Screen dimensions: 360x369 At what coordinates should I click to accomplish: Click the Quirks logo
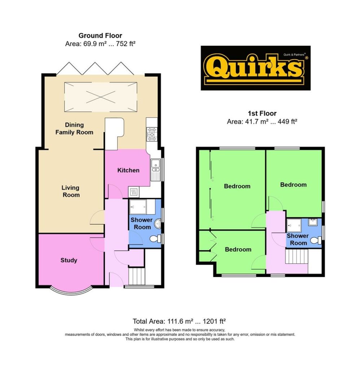coord(255,68)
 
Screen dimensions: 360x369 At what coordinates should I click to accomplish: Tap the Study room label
coord(69,260)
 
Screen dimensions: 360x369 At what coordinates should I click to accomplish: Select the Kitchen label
coord(128,170)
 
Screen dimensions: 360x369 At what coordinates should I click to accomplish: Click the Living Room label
coord(71,191)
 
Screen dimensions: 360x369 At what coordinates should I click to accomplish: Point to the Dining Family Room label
coord(74,129)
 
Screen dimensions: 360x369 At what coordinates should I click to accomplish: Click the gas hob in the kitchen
coord(152,134)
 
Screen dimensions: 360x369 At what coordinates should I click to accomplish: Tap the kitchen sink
coord(155,169)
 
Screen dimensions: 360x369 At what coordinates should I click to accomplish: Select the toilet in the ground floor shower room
coord(155,239)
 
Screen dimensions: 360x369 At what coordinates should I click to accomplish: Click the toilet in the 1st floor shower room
coord(315,240)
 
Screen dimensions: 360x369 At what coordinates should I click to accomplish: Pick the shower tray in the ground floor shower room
coord(138,207)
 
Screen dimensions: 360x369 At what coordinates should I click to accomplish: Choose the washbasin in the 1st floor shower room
coord(313,222)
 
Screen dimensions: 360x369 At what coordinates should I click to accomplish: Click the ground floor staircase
coord(137,276)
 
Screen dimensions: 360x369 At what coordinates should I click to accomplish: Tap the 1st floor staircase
coord(297,256)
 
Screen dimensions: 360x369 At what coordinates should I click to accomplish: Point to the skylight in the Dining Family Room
coord(101,97)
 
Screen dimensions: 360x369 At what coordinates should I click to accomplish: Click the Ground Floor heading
coord(100,36)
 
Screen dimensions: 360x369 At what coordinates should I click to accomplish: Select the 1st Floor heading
coord(262,114)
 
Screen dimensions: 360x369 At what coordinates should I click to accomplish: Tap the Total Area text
coord(179,321)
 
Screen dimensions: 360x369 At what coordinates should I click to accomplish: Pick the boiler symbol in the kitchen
coord(133,192)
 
